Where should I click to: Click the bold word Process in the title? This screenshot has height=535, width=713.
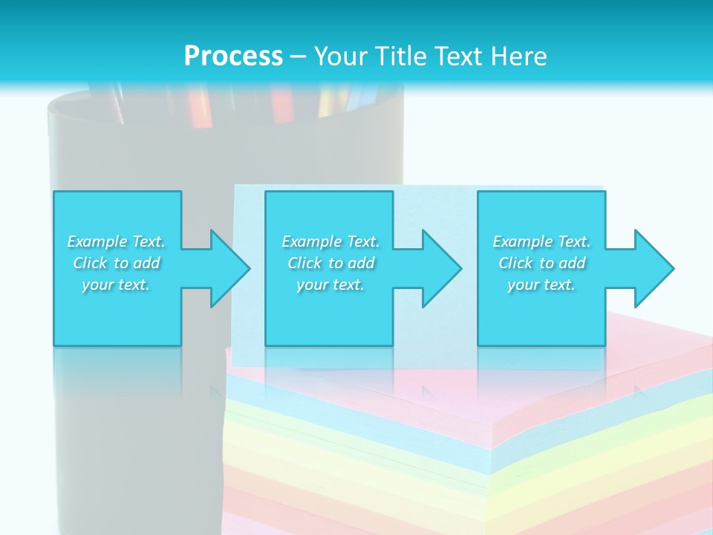tap(233, 56)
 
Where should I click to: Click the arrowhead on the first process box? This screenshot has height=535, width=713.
tap(227, 268)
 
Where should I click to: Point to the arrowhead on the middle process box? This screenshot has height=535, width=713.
tap(439, 268)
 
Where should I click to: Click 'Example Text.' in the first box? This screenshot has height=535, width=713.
tap(116, 241)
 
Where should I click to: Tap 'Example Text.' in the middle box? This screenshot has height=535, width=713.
tap(331, 241)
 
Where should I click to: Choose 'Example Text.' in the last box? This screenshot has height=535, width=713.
tap(541, 241)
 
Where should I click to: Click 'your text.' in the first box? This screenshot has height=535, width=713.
tap(116, 285)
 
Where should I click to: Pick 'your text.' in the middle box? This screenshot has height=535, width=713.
tap(331, 285)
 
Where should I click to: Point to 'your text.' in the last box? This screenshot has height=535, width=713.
tap(541, 285)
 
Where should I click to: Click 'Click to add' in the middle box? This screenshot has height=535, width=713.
tap(331, 263)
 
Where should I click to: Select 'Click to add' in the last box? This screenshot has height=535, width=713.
tap(541, 263)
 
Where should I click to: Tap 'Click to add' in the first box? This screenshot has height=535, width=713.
tap(116, 263)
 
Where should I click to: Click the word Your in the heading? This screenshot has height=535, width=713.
tap(339, 56)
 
